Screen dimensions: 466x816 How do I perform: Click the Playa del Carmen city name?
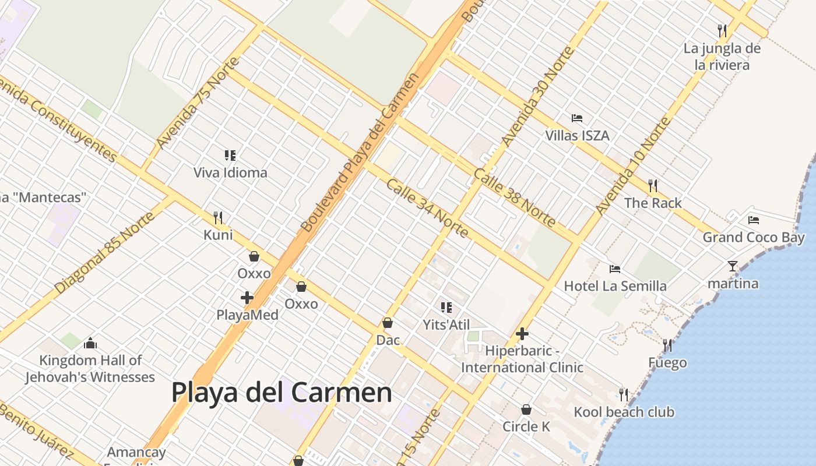coord(282,393)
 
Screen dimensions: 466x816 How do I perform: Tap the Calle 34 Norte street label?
coord(427,208)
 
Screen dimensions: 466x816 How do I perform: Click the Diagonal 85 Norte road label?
coord(105,252)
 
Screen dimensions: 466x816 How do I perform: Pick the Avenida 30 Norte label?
coord(537,96)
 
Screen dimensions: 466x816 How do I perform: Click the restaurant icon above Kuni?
coord(218,218)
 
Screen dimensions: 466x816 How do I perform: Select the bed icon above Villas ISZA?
coord(577,118)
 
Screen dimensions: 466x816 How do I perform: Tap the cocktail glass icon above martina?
coord(733,266)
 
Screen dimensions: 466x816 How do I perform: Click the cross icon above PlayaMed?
coord(247,298)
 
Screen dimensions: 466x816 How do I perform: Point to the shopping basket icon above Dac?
coord(388,323)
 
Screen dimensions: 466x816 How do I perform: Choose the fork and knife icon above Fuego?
coord(667,345)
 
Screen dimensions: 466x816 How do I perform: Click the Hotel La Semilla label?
coord(615,286)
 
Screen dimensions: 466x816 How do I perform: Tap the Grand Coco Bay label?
coord(753,237)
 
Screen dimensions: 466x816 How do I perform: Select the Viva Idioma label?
coord(230,172)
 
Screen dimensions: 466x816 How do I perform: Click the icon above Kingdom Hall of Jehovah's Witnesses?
coord(90,343)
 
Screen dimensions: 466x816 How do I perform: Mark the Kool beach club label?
coord(624,412)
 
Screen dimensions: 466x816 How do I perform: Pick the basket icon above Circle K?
coord(526,409)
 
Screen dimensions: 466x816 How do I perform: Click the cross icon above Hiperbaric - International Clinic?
coord(522,334)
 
